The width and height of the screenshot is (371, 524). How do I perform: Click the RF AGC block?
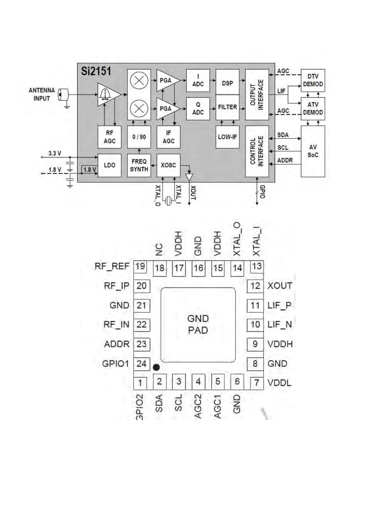[109, 137]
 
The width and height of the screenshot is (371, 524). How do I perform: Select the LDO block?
[109, 165]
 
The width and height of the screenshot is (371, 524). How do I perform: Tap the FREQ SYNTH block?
[139, 165]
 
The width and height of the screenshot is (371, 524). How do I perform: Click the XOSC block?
[168, 165]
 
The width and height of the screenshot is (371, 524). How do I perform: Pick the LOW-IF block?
[227, 137]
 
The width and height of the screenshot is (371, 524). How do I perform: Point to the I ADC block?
[198, 80]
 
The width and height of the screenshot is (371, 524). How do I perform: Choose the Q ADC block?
[198, 109]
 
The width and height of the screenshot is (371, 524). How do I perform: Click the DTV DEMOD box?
[313, 80]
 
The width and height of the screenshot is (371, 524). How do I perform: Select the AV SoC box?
[313, 151]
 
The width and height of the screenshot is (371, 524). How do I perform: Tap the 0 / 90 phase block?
[139, 137]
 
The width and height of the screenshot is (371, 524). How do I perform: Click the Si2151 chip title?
[96, 71]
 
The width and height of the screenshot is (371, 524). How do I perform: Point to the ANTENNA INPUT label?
[42, 94]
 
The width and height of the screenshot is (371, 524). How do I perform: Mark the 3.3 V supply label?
[55, 153]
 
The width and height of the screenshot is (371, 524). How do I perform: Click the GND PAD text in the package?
[198, 324]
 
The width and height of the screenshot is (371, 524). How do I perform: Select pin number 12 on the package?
[255, 286]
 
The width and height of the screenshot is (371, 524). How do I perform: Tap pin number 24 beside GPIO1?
[141, 363]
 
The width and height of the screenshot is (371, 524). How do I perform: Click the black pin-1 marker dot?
[156, 367]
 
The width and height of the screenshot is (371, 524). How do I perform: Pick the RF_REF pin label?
[112, 266]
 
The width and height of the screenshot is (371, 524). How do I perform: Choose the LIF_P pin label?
[279, 305]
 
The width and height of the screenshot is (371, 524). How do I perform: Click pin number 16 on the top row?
[198, 268]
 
